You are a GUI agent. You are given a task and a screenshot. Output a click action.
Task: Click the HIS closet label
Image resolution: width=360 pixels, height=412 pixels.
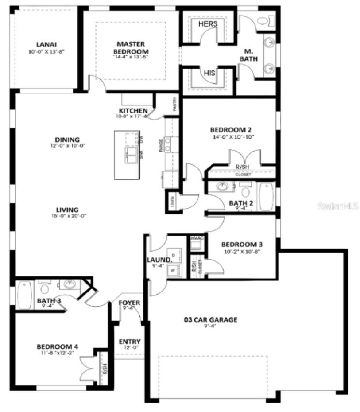click(x=209, y=73)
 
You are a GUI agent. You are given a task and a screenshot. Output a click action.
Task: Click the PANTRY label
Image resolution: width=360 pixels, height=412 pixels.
click(x=175, y=105)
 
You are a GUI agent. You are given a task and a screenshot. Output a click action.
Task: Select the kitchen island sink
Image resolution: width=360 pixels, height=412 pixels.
click(x=131, y=154)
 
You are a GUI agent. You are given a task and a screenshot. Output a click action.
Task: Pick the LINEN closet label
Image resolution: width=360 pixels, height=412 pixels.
click(x=171, y=202)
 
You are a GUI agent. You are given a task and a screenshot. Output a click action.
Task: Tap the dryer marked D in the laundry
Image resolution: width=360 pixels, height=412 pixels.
click(x=173, y=256)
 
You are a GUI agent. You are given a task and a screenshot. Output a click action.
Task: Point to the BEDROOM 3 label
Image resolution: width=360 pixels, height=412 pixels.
click(x=239, y=245)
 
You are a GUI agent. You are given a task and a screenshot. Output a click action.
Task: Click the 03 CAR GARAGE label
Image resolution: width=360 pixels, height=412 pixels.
click(x=210, y=319)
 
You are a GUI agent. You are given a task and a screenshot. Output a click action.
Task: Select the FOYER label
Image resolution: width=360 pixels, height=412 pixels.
click(x=129, y=303)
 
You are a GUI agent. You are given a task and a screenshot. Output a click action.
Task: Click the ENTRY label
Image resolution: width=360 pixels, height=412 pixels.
click(x=130, y=342)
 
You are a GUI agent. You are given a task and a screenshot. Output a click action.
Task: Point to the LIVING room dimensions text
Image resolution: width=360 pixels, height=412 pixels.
click(x=67, y=216)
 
